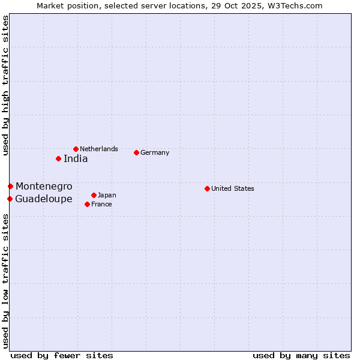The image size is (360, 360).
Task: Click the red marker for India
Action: (58, 158)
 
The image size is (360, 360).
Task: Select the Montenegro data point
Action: (10, 186)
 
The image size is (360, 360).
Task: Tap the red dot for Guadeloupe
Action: (10, 199)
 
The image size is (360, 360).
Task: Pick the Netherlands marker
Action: (76, 149)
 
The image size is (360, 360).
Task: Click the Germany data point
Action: (136, 152)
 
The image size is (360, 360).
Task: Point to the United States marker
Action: (207, 188)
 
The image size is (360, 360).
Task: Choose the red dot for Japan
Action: (94, 195)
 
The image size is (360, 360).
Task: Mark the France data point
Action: (87, 204)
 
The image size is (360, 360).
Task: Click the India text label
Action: (76, 159)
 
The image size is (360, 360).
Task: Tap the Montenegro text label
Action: (44, 187)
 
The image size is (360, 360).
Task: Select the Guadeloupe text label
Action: (44, 199)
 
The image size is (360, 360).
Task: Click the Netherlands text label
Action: (99, 149)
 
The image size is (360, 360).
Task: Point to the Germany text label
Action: (155, 152)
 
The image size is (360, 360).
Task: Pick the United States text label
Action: (233, 188)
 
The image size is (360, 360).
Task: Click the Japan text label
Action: (107, 195)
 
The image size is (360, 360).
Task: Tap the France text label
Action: (101, 204)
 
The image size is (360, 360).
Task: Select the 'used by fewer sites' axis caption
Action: (62, 355)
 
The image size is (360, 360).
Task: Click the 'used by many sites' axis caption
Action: (301, 355)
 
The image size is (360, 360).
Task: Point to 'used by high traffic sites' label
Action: (5, 85)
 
